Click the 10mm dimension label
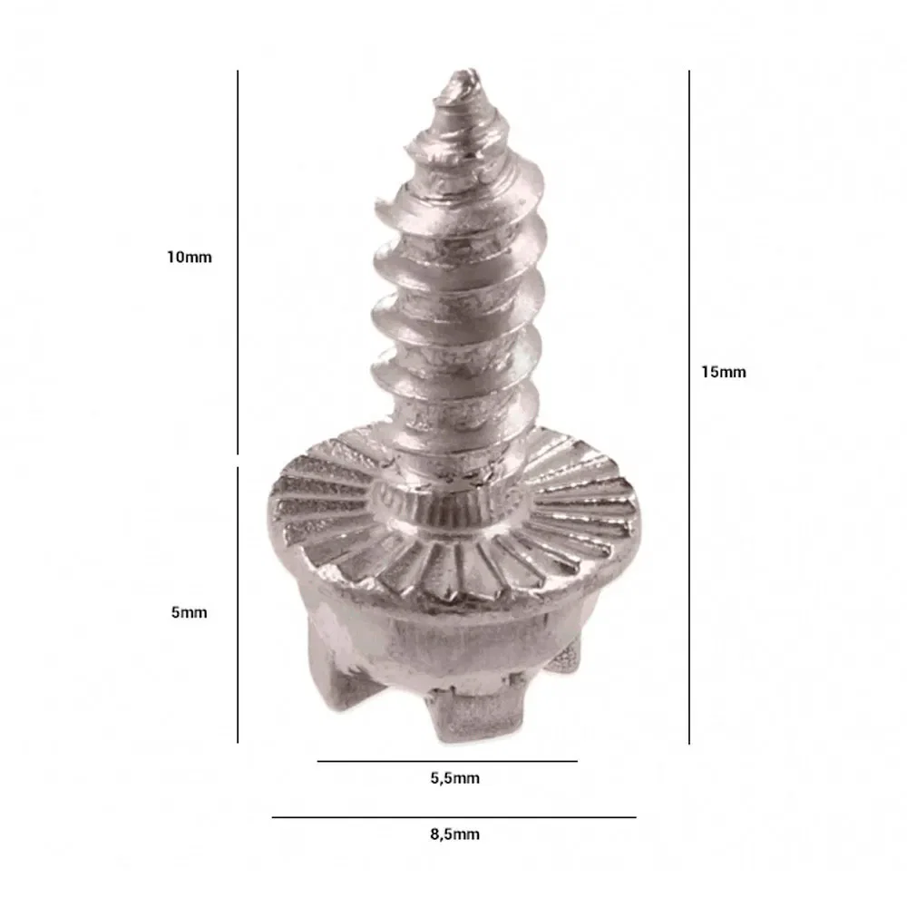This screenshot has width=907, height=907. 190,257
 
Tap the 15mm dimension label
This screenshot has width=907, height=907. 723,372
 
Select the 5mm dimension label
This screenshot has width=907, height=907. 189,612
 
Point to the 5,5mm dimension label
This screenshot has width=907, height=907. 454,778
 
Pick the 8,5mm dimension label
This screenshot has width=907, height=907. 454,834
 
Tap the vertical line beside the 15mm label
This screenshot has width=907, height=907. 689,407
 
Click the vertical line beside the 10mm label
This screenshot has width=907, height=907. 237,263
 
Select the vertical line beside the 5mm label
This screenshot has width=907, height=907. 237,605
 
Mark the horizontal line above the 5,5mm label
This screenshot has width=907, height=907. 447,761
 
